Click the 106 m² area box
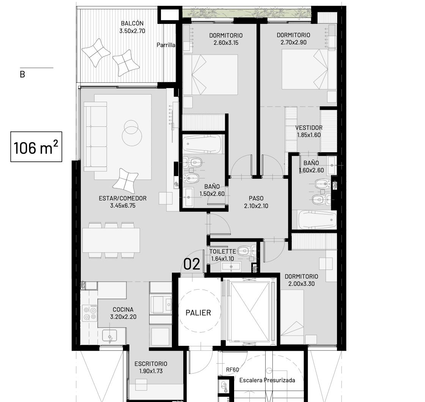point(36,147)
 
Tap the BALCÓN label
point(132,23)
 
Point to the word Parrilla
point(166,45)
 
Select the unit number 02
point(192,264)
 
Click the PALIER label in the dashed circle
point(198,313)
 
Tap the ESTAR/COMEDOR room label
point(123,198)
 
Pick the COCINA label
point(123,309)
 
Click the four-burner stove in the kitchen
point(90,313)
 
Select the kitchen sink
point(110,336)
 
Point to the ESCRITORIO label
point(151,364)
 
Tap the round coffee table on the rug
point(132,133)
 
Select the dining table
point(111,240)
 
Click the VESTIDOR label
point(309,128)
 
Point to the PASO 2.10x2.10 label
point(256,202)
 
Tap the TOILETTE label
point(222,252)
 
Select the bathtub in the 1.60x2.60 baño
point(317,219)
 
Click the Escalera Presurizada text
point(267,380)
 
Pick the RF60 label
point(233,369)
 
